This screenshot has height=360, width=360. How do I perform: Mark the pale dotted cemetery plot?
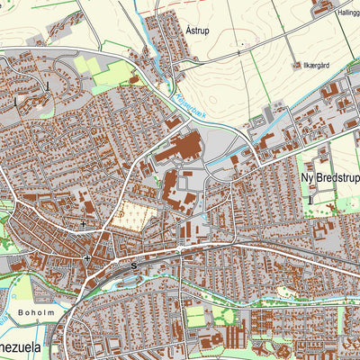pyautogui.click(x=130, y=217)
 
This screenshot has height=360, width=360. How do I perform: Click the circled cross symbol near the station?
pyautogui.click(x=86, y=259)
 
